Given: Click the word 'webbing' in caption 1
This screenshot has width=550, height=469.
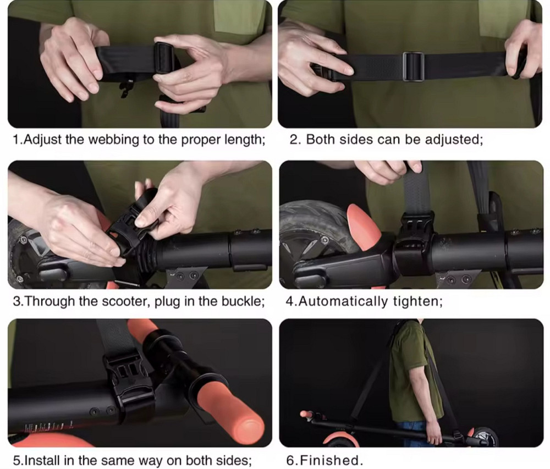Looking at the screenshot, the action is [x=114, y=140].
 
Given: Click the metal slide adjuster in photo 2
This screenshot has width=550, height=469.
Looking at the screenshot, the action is [x=413, y=66].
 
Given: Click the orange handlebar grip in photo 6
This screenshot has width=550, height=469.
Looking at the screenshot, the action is [x=306, y=415].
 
